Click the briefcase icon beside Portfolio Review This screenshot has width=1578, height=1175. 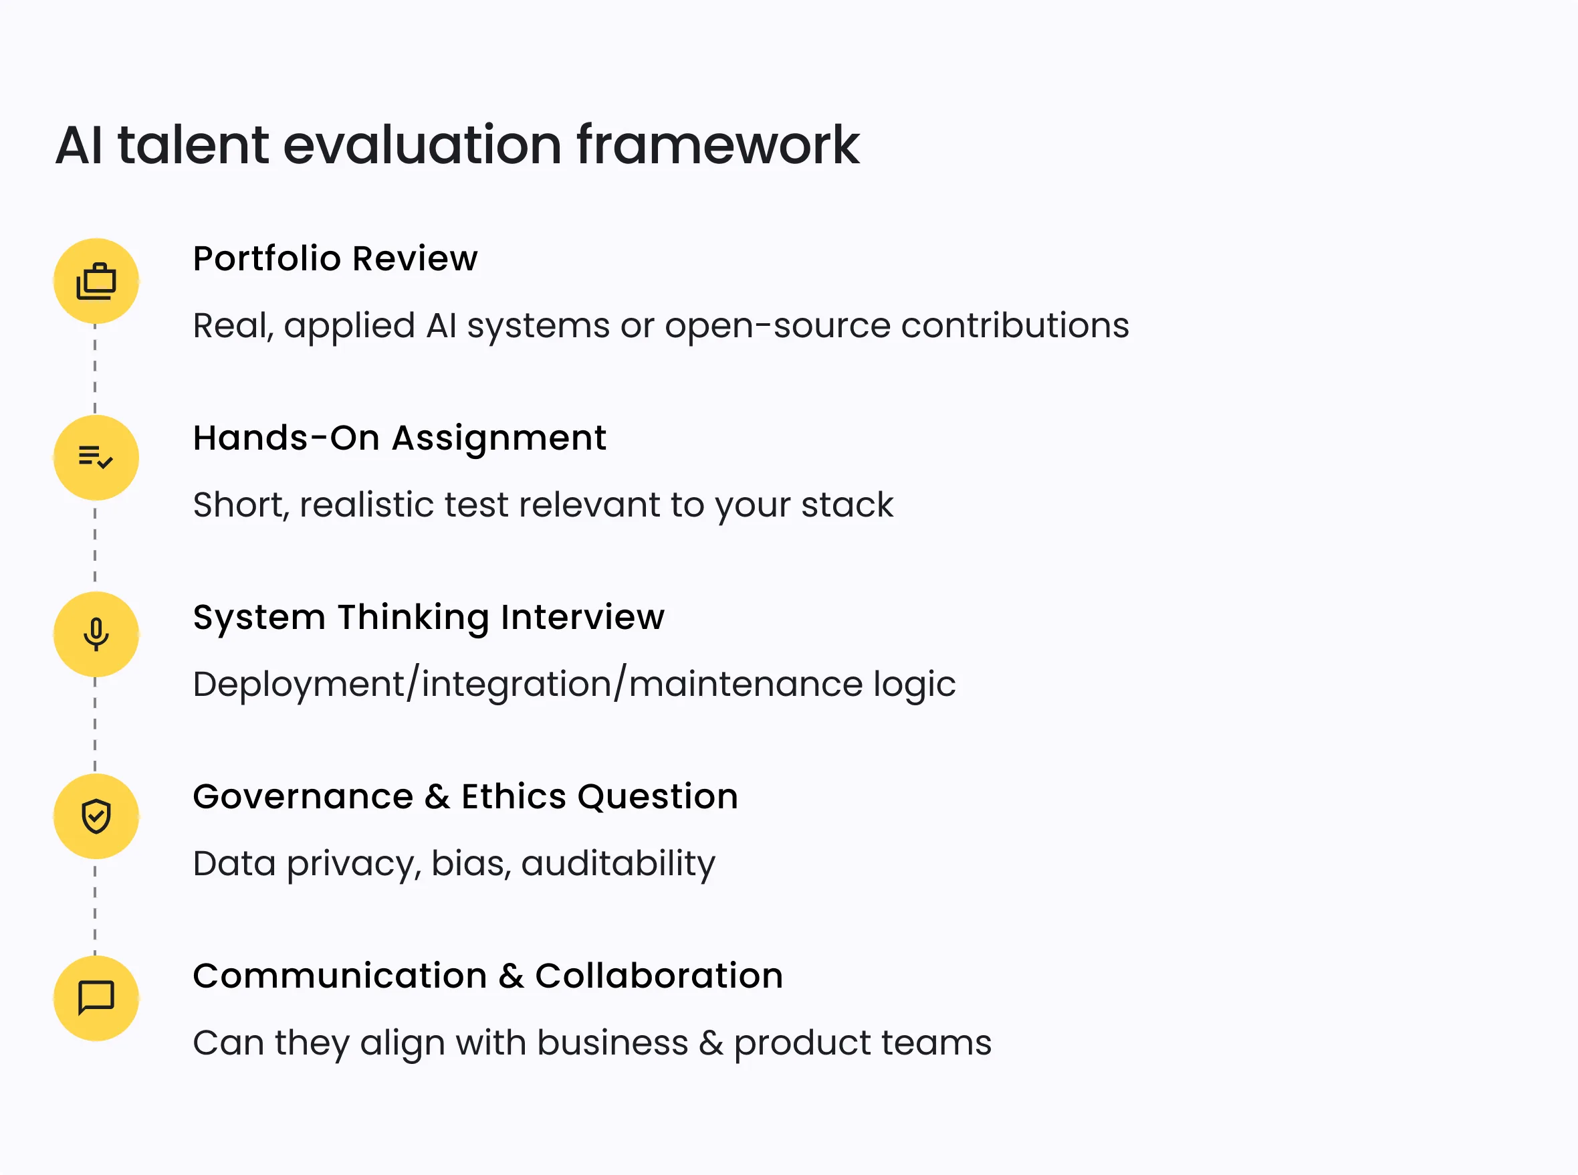pos(96,281)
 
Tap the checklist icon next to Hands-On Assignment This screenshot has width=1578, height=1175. pos(96,457)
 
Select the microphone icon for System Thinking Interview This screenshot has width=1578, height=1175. pos(96,634)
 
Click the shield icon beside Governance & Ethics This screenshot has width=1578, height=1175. pos(96,816)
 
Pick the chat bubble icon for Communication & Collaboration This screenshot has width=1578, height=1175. pos(96,998)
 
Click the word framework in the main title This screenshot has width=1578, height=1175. pos(718,145)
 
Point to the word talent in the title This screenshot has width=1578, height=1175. pos(193,145)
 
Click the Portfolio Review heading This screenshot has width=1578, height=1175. pos(336,258)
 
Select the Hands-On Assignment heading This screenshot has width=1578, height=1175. pos(399,438)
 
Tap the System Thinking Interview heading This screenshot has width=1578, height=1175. pos(429,617)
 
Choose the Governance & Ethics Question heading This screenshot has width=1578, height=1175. pos(465,796)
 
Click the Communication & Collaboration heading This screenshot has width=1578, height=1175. pos(487,975)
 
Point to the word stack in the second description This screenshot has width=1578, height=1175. pos(847,505)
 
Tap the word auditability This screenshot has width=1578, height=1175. pos(618,864)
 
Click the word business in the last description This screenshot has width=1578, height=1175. pos(612,1043)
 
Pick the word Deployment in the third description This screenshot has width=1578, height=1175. pos(298,685)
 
